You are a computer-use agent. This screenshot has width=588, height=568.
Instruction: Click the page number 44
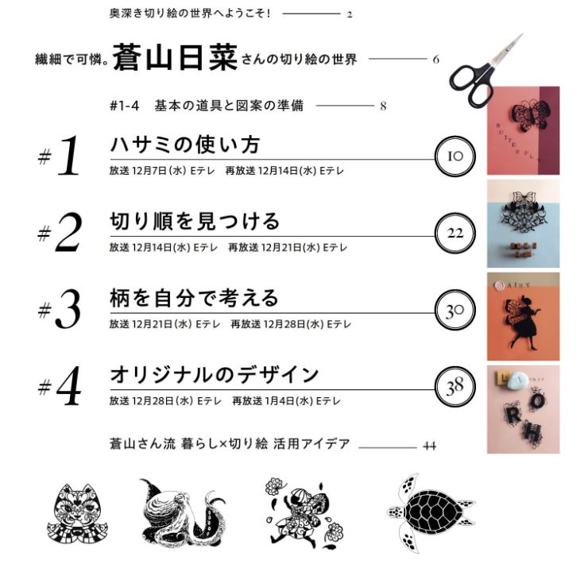tap(429, 446)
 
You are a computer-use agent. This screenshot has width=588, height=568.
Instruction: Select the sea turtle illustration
tap(431, 512)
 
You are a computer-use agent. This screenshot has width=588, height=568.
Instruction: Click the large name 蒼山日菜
tap(175, 58)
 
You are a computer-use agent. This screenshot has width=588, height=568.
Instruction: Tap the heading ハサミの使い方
tap(185, 145)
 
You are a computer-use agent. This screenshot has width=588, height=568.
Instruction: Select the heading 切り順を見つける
tap(195, 221)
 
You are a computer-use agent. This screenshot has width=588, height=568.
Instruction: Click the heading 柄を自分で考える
tap(194, 298)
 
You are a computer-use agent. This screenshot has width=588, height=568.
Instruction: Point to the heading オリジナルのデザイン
tap(214, 375)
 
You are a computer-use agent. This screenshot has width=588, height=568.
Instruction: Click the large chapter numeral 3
tap(68, 310)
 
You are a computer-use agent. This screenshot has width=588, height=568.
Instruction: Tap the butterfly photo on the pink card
tap(523, 130)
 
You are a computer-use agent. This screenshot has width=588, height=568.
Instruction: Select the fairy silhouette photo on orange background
tap(523, 316)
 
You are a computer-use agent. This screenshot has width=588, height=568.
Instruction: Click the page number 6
tap(435, 60)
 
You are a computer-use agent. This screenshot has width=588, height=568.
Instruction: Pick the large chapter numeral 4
tap(68, 386)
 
